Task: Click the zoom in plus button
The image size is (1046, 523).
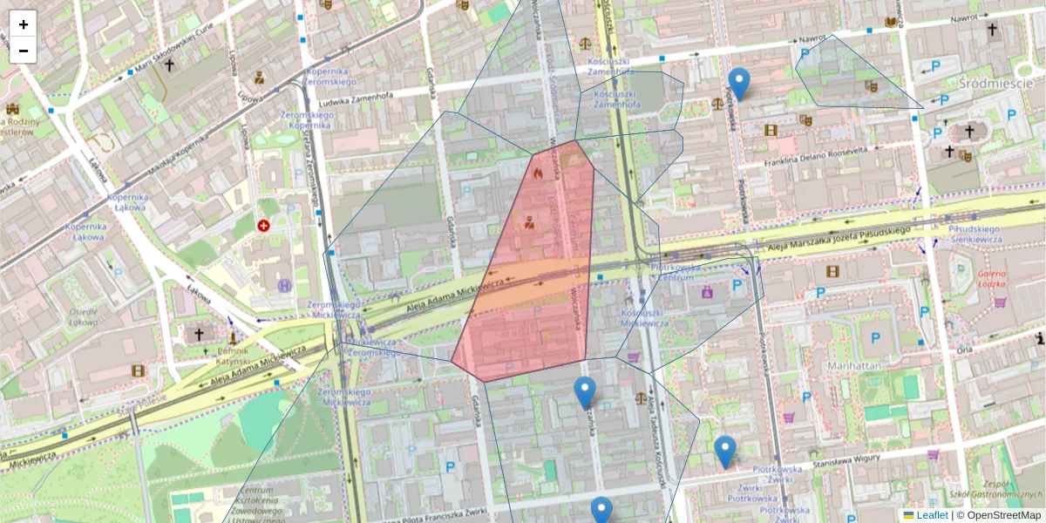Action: pos(24,24)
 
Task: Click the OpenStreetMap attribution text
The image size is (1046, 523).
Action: pos(1002,515)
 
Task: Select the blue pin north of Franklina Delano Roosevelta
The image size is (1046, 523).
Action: pos(739,84)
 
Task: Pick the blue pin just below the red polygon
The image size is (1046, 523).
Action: pos(585,393)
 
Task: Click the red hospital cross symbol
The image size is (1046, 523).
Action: pos(263,226)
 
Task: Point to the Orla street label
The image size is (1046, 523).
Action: pos(964,350)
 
